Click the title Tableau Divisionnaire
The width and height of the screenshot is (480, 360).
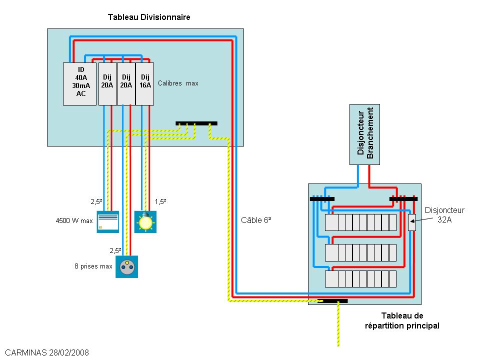(149, 17)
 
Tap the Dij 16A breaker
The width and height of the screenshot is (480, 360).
(144, 83)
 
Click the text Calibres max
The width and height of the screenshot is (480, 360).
(178, 83)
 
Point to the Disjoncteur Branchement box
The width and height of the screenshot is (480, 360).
(364, 134)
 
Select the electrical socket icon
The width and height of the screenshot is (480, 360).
(127, 267)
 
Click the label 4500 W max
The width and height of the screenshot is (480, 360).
(73, 220)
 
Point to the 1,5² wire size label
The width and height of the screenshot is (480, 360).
(160, 201)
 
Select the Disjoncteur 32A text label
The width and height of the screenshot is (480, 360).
(444, 214)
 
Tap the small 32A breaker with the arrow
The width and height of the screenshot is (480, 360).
(411, 222)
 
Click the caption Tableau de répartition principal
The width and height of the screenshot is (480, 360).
(402, 320)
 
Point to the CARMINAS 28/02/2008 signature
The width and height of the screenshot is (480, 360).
(44, 352)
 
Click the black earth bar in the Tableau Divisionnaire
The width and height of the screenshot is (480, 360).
(196, 123)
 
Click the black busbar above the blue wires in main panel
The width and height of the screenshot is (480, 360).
(322, 199)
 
